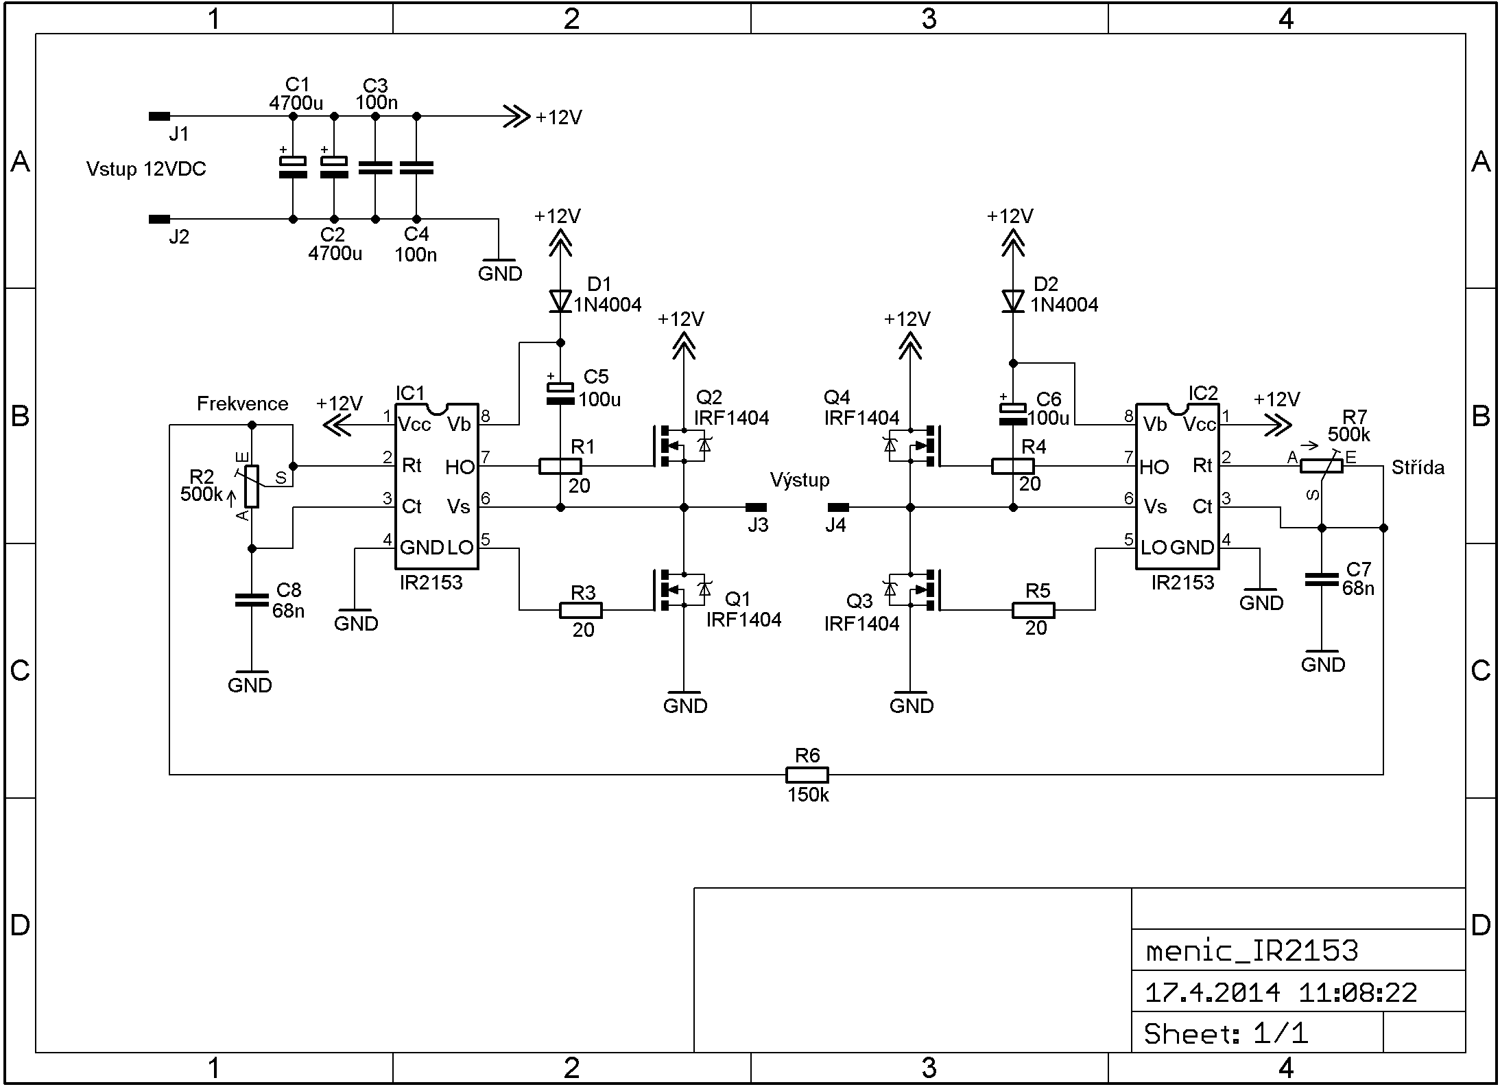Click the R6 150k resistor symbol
point(807,775)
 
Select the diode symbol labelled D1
point(560,301)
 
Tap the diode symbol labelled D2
point(1013,301)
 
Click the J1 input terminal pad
point(159,117)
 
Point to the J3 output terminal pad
point(756,507)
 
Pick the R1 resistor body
point(560,467)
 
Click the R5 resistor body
point(1033,610)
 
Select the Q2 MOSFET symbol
point(679,446)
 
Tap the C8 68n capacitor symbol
point(252,600)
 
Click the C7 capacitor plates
point(1322,580)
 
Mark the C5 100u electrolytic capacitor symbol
point(560,393)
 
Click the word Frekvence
point(242,403)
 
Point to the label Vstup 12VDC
point(146,169)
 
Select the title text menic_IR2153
point(1252,950)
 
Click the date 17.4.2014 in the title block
point(1212,993)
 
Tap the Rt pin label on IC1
point(412,466)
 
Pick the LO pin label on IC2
point(1154,548)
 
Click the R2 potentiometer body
point(252,486)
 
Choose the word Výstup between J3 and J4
point(800,480)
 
